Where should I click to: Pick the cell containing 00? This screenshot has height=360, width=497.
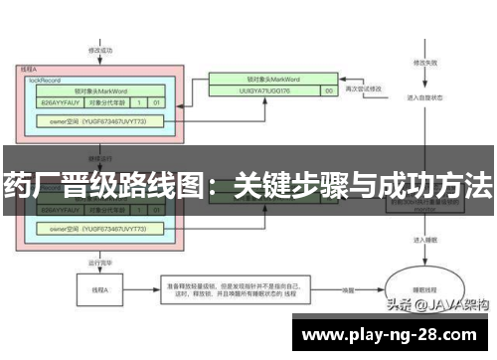[328, 90]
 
